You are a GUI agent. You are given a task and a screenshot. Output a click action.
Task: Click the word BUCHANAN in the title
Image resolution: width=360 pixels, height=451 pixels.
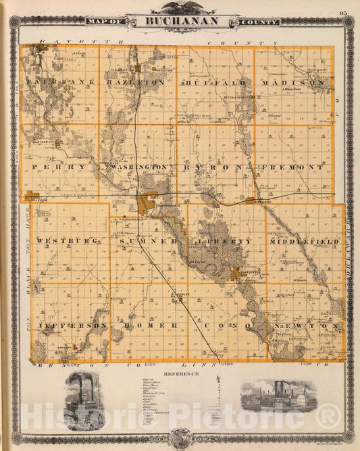pyautogui.click(x=180, y=21)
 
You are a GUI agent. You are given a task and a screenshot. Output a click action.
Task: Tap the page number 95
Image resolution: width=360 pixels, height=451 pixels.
pyautogui.click(x=344, y=13)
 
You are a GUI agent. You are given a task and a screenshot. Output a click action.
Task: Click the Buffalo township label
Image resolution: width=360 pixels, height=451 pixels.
pyautogui.click(x=215, y=82)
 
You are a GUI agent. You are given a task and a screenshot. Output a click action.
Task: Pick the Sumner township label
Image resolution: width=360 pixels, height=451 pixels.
pyautogui.click(x=148, y=241)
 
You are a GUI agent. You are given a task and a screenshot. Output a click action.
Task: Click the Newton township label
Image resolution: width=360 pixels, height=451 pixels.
pyautogui.click(x=307, y=325)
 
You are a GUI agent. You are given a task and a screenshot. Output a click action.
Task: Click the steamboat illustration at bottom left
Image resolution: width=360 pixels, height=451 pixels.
pyautogui.click(x=85, y=400)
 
